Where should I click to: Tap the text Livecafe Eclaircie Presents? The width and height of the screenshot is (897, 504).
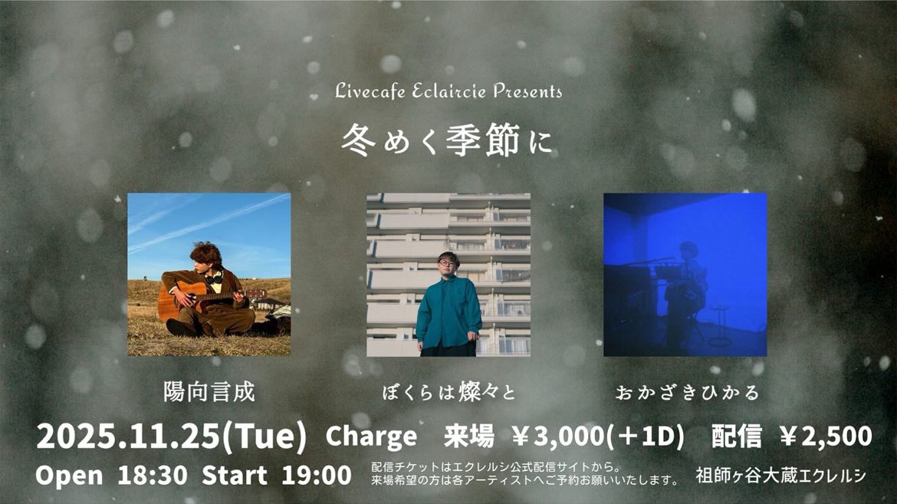[449, 91]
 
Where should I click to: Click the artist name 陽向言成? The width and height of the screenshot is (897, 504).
[209, 393]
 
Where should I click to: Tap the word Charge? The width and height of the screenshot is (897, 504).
[372, 436]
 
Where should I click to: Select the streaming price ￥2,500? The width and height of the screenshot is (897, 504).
[825, 436]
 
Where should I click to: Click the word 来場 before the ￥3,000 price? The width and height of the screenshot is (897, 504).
[468, 436]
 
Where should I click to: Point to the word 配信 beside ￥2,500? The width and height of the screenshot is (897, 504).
[736, 436]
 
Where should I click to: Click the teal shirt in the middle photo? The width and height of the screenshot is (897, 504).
[449, 311]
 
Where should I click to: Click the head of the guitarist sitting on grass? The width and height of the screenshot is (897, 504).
[205, 257]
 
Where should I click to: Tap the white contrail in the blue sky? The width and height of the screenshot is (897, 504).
[207, 222]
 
